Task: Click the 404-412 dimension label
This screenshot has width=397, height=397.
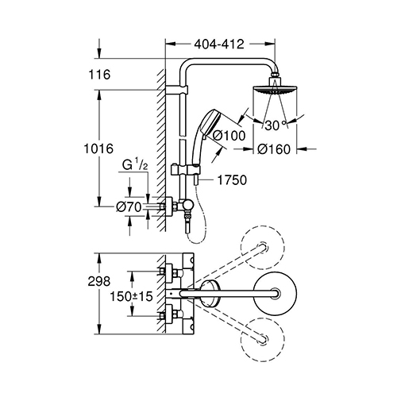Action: point(219,44)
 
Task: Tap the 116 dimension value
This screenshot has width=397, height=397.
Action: point(99,75)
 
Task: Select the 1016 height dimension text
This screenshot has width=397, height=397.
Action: point(98,148)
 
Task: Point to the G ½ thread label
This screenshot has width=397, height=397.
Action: point(135,166)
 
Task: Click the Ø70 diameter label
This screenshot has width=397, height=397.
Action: point(129,207)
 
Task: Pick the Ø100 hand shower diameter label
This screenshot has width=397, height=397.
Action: point(229,136)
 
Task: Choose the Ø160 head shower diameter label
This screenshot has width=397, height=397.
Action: point(274,149)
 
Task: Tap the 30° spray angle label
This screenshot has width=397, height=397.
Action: point(276,125)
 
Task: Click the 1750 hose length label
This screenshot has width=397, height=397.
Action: point(232,180)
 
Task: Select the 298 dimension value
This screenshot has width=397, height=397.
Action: point(99,281)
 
